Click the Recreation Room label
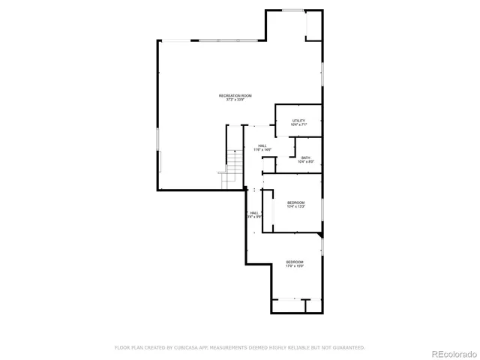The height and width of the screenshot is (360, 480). pyautogui.click(x=235, y=95)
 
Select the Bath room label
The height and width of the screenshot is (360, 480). pyautogui.click(x=305, y=157)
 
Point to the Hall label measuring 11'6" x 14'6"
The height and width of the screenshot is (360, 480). pyautogui.click(x=262, y=146)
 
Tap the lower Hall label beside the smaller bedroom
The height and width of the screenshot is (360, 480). pyautogui.click(x=254, y=213)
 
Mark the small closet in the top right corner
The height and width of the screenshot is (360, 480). pyautogui.click(x=313, y=26)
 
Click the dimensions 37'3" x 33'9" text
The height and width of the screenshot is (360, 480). pyautogui.click(x=235, y=100)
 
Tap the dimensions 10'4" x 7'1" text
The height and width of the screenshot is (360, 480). pyautogui.click(x=298, y=124)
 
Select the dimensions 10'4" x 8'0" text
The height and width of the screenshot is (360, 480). pyautogui.click(x=305, y=162)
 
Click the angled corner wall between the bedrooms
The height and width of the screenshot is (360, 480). pyautogui.click(x=321, y=235)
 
